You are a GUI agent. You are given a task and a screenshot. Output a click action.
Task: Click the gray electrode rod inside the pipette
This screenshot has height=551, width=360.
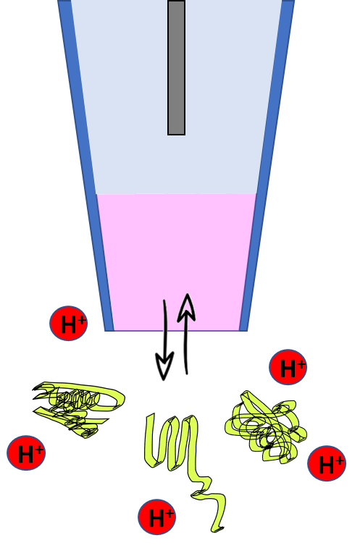coord(177,67)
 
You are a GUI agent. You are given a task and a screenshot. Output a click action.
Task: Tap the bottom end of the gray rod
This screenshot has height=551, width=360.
coord(177,135)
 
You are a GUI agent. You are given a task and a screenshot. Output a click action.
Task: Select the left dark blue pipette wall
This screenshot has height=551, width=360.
coord(85,165)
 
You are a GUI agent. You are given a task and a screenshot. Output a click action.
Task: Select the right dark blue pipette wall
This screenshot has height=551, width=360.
coord(267,165)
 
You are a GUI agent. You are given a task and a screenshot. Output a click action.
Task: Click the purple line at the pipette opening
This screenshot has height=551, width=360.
coord(177,330)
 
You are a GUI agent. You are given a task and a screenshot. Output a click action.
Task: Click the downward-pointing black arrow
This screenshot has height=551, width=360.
coord(164,340)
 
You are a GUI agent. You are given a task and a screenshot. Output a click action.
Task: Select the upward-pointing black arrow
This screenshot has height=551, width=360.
coord(186,334)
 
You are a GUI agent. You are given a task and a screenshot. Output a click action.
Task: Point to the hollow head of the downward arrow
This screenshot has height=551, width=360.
coord(164,366)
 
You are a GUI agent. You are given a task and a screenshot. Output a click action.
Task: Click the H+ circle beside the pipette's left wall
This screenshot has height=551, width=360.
coord(69,324)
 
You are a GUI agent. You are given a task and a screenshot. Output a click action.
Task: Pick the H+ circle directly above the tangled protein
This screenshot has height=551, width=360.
coord(288,367)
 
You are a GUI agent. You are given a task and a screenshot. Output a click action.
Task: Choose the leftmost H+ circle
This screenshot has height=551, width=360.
coord(26,453)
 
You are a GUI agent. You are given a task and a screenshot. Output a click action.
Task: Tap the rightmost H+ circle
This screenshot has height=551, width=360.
coord(327,463)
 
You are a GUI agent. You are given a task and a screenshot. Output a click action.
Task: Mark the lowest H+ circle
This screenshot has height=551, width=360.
coord(156,517)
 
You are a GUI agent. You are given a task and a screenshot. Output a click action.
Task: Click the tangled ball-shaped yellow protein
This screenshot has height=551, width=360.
coord(266,427)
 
